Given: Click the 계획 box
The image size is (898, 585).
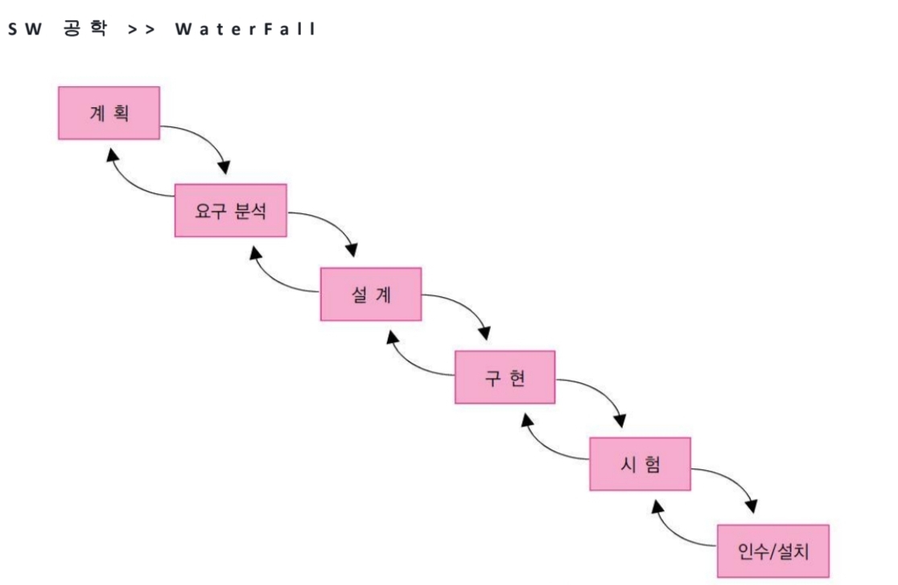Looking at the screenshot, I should tap(109, 113).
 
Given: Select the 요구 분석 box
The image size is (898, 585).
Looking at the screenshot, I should tap(231, 212).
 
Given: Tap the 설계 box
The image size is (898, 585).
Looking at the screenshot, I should tap(371, 295).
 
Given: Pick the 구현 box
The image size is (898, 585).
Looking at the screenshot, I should tap(505, 377).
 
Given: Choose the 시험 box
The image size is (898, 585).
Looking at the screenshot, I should tap(640, 463).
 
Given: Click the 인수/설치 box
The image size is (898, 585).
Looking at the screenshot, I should tap(772, 550).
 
